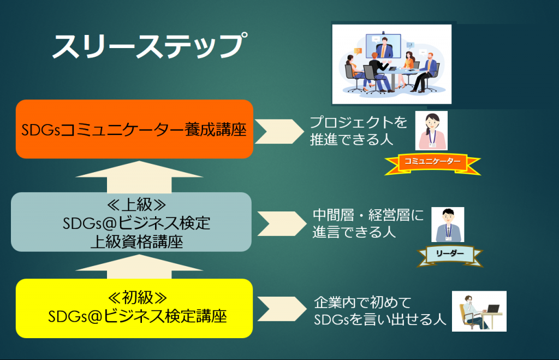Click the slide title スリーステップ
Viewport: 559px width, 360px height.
(x=150, y=46)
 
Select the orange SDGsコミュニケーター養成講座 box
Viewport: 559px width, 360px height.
(x=134, y=129)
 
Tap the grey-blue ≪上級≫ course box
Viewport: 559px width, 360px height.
(x=131, y=222)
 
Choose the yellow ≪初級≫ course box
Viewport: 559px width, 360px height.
(x=134, y=308)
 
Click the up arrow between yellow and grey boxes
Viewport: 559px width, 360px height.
(x=139, y=266)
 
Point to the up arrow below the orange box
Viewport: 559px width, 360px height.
(x=139, y=176)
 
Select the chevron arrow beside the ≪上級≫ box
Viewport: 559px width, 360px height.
(x=282, y=224)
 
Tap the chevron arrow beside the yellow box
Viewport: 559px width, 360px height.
(x=282, y=309)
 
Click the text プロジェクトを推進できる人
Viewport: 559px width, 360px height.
(x=358, y=131)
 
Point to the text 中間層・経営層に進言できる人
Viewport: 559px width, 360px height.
(x=368, y=224)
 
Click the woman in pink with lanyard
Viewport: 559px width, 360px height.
(x=431, y=130)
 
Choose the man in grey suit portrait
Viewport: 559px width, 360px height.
(x=448, y=225)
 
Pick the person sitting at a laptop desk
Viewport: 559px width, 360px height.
(x=479, y=311)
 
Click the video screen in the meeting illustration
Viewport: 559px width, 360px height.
(x=383, y=46)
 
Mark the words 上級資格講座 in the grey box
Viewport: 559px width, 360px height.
(x=136, y=242)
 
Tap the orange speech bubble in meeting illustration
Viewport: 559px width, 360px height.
(x=358, y=51)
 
